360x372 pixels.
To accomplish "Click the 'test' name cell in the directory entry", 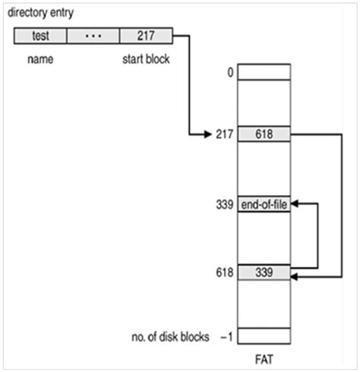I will click(40, 35).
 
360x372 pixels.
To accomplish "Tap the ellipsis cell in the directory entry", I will click(93, 35).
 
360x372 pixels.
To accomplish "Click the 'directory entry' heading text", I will click(46, 13).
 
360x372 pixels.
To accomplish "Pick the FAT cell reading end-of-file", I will click(264, 204).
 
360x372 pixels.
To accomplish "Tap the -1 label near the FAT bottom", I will click(226, 336).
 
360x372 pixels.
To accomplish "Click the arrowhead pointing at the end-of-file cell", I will click(295, 204).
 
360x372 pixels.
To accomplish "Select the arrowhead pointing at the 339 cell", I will click(295, 279).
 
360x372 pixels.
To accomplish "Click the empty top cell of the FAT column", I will click(264, 72).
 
